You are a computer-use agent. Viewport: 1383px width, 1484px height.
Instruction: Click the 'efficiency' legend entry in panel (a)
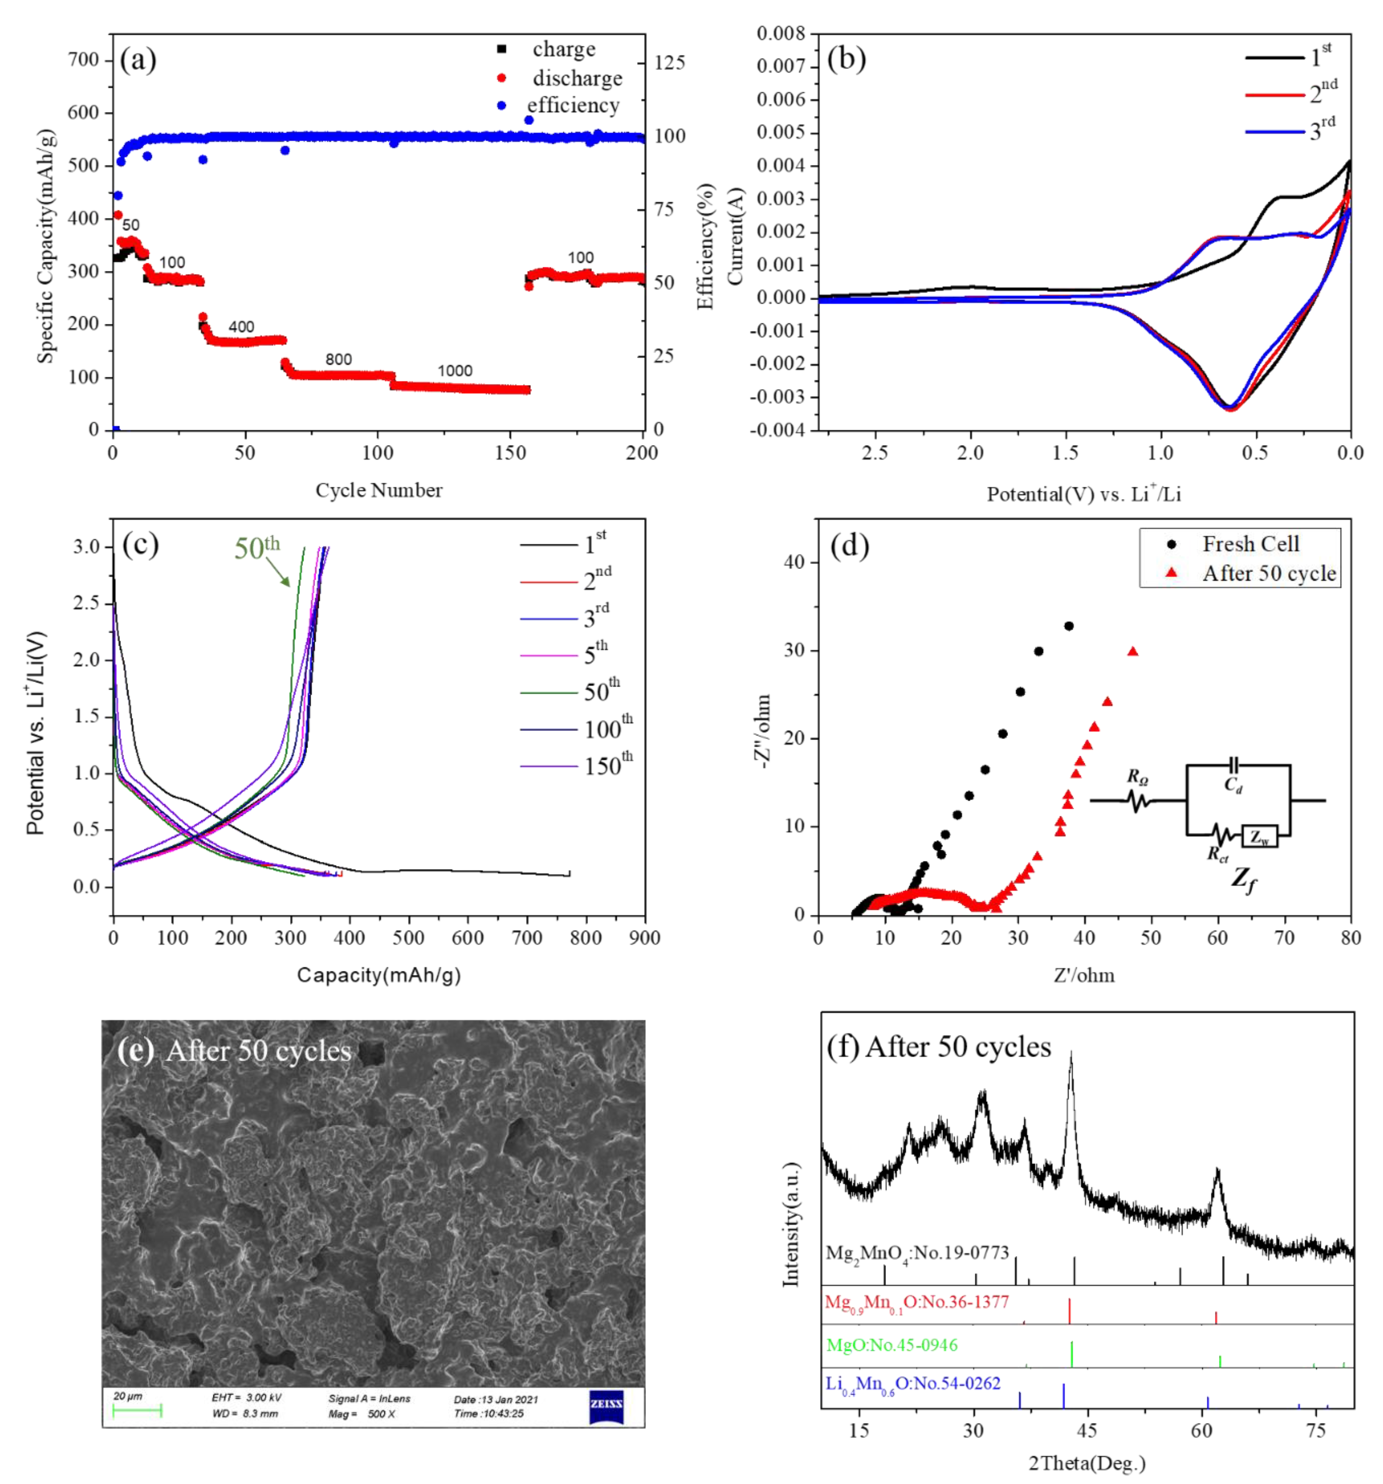(x=572, y=105)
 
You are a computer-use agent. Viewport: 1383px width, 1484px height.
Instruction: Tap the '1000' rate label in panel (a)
(x=455, y=371)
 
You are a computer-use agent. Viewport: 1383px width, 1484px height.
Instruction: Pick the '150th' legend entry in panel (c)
(x=608, y=765)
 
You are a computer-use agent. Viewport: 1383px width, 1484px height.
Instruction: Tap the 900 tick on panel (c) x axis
(x=645, y=938)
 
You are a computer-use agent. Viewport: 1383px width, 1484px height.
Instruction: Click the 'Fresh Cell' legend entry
(x=1250, y=544)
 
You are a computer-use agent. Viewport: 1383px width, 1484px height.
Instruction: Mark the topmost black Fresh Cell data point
(x=1069, y=626)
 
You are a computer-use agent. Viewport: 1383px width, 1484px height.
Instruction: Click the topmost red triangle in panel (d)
(x=1133, y=652)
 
